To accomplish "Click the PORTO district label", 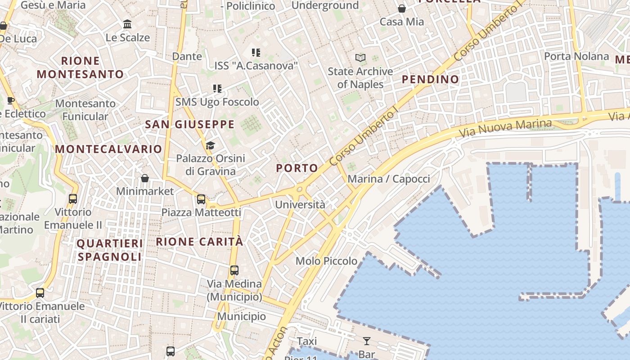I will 297,168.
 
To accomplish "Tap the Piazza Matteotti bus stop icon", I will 201,199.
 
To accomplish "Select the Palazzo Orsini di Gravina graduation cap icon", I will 210,145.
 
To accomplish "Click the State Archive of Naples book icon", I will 360,58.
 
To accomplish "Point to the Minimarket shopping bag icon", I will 145,178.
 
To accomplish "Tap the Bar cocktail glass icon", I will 367,341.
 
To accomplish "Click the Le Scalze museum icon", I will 127,24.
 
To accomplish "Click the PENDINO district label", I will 430,80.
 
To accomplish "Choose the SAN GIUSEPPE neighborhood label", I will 190,125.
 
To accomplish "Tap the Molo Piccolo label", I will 326,261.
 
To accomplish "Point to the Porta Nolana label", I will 576,56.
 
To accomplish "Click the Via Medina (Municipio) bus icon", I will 234,270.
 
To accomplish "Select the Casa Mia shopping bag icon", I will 402,9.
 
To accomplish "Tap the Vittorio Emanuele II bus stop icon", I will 73,198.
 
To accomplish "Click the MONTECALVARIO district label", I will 108,149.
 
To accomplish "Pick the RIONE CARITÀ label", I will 199,242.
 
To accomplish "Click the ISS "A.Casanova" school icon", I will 256,53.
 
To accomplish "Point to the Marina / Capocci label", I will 389,179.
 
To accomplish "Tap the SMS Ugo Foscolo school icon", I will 217,89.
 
